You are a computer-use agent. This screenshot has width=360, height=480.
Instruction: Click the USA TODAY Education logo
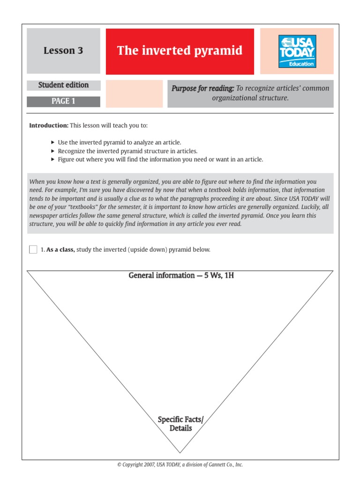(297, 51)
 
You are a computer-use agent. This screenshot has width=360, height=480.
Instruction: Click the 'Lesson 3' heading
(63, 51)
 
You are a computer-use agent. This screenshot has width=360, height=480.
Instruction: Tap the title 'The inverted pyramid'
(180, 51)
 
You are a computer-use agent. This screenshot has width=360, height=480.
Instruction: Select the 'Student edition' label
(63, 85)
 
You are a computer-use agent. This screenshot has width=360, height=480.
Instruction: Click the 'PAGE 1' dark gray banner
(63, 101)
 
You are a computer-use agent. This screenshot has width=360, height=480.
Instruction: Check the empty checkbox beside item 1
(33, 249)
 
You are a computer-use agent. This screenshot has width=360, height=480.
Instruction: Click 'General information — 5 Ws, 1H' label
(181, 275)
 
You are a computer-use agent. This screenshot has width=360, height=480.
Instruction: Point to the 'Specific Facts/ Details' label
(180, 424)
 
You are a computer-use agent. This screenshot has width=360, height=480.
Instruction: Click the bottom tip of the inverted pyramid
(180, 452)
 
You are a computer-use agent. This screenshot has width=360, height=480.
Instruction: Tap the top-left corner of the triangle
(28, 271)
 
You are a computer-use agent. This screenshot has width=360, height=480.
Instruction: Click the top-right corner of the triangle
(333, 271)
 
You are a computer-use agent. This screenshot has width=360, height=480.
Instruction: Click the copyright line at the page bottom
(180, 465)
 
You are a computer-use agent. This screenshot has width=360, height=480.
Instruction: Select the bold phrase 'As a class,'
(60, 250)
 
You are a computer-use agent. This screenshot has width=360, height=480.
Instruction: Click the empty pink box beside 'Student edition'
(134, 94)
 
